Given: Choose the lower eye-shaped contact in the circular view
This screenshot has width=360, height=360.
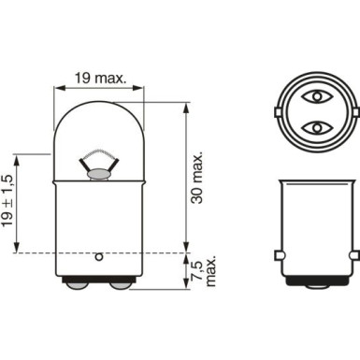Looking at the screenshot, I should (x=317, y=125).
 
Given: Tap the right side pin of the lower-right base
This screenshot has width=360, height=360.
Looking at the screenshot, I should (x=354, y=254).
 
